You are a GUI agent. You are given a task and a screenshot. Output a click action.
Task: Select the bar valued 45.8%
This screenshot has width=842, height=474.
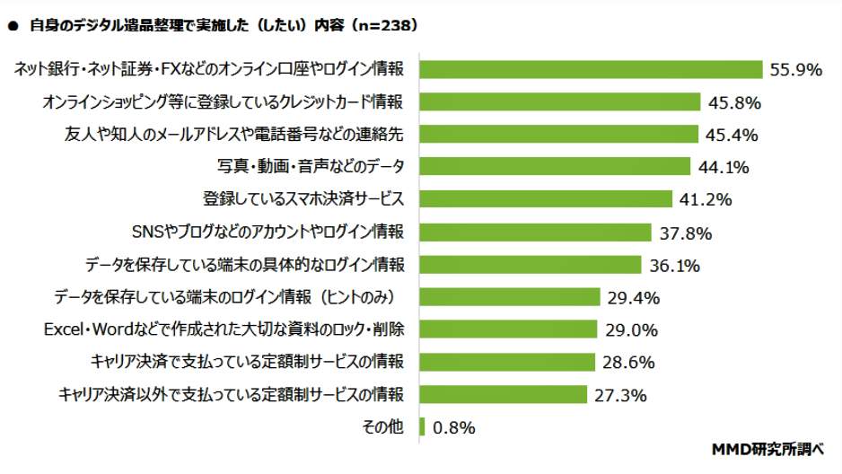pyautogui.click(x=560, y=102)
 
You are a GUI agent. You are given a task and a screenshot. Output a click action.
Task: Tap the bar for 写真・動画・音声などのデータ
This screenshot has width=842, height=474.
pyautogui.click(x=555, y=167)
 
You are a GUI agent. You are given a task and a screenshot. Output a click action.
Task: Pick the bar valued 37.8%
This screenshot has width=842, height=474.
pyautogui.click(x=535, y=233)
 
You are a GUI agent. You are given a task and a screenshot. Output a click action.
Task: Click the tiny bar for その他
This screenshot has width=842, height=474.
pyautogui.click(x=422, y=426)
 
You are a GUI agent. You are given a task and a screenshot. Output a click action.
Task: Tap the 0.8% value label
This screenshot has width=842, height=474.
pyautogui.click(x=453, y=427)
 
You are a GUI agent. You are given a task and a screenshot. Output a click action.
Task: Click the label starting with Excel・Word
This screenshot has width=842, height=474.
pyautogui.click(x=224, y=329)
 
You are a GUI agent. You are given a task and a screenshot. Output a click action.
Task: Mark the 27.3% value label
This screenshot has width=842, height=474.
pyautogui.click(x=619, y=394)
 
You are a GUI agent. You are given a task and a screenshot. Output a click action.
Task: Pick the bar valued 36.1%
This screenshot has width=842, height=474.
pyautogui.click(x=530, y=265)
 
